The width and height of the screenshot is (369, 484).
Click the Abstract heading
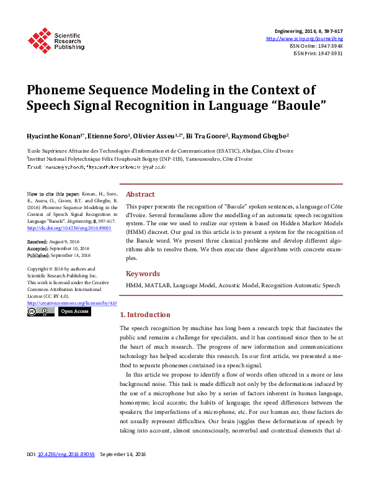[x=140, y=194]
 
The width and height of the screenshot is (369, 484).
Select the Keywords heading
[x=143, y=274]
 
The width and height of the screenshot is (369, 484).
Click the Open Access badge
[x=75, y=311]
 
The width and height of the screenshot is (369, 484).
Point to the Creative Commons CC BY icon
[x=41, y=311]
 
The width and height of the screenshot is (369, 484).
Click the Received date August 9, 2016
[x=69, y=241]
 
